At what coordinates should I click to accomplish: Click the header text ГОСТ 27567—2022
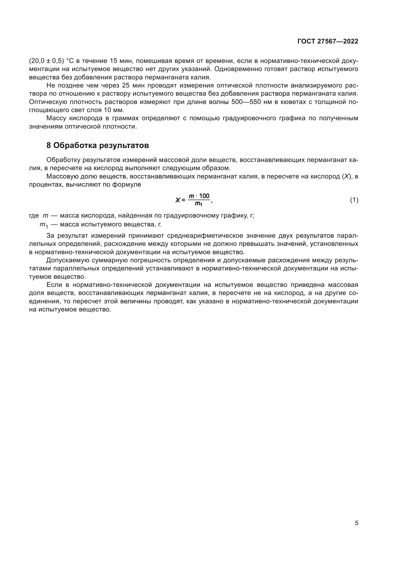point(328,42)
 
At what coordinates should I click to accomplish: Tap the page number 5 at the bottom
point(356,523)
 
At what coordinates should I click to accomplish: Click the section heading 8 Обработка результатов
point(97,145)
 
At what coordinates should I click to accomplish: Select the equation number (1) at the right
point(354,200)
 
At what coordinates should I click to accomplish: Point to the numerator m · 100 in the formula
point(199,196)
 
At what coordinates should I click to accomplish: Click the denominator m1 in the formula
point(199,204)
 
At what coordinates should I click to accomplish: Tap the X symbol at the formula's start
point(178,200)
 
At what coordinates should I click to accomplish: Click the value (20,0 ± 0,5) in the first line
point(47,61)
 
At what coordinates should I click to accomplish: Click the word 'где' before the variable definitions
point(34,216)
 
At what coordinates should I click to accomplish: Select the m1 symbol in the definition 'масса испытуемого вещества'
point(43,225)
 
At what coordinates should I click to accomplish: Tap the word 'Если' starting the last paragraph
point(54,285)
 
